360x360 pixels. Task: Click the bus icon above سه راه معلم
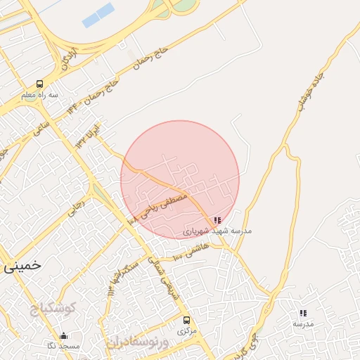tap(39, 84)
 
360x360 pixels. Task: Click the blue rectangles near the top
tap(98, 15)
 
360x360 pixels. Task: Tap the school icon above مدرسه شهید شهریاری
tap(217, 220)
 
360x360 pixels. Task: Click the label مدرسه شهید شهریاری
tap(217, 231)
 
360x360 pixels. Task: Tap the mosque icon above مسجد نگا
tap(64, 335)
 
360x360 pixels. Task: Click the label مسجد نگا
tap(64, 346)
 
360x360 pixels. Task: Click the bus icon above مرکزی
tap(186, 320)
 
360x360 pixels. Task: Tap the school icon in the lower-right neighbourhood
tap(303, 313)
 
